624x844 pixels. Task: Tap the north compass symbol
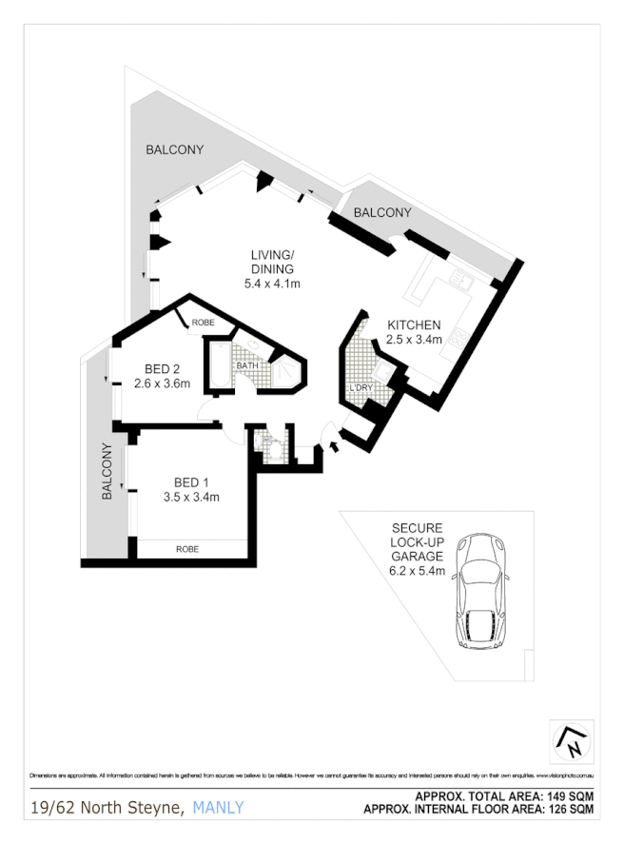tap(573, 742)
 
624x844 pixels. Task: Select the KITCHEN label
tap(414, 325)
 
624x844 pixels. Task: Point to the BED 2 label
tap(163, 369)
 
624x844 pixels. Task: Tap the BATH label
tap(247, 365)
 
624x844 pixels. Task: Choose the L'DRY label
tap(361, 388)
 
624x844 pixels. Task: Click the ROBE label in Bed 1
tap(187, 549)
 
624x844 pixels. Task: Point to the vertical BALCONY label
tap(107, 471)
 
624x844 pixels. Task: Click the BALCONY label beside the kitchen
tap(382, 213)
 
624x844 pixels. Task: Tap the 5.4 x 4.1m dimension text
tap(273, 284)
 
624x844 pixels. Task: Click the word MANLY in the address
tap(219, 808)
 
